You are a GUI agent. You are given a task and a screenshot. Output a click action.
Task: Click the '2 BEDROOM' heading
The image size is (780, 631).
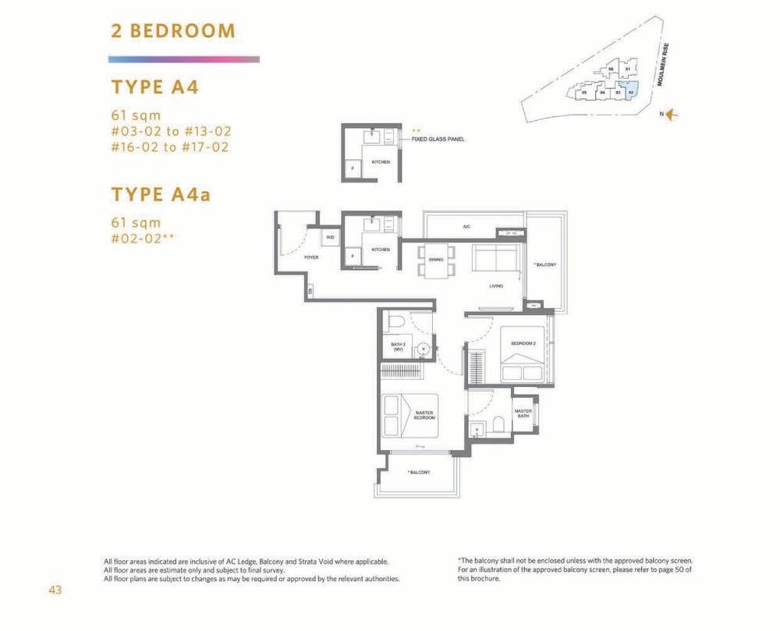coord(172,31)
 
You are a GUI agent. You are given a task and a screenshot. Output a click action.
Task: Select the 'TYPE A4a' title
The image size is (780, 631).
coord(161,193)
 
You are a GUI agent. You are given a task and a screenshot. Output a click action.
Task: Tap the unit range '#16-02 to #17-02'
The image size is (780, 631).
coord(170,147)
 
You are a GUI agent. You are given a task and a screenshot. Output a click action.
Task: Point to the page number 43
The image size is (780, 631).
coord(55,590)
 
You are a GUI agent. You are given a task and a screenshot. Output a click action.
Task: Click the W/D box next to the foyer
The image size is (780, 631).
coord(331,237)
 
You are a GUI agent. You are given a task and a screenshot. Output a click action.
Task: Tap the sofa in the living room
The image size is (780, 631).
coord(495,258)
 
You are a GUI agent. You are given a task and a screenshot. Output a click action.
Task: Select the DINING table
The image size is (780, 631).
coord(436,261)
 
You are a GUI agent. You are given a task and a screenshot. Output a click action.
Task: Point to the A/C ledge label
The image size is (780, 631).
coord(466,227)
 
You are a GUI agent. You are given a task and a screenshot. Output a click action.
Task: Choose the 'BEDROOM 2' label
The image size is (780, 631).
coord(523,343)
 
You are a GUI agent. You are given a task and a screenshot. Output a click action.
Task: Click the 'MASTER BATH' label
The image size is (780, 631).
coord(523,413)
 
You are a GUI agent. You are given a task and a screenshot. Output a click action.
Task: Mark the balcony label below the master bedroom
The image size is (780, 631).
coord(419,472)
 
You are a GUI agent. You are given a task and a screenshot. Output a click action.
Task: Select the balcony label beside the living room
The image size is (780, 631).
coord(544,265)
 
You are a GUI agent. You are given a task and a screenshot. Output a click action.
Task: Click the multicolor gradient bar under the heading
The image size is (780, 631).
coord(183,59)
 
